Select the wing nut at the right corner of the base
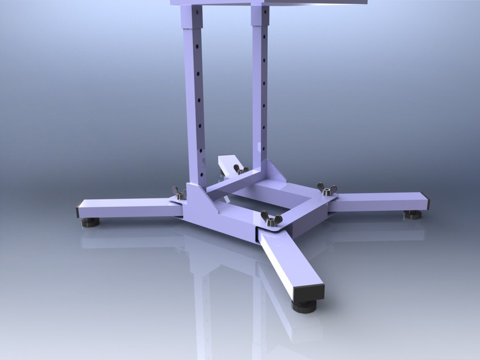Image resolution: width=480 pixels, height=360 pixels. coord(327,190)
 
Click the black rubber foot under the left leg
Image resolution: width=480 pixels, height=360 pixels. coord(90,222)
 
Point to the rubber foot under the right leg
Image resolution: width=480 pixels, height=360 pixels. coord(413,214)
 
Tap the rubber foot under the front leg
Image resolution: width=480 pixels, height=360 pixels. coord(304,306)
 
